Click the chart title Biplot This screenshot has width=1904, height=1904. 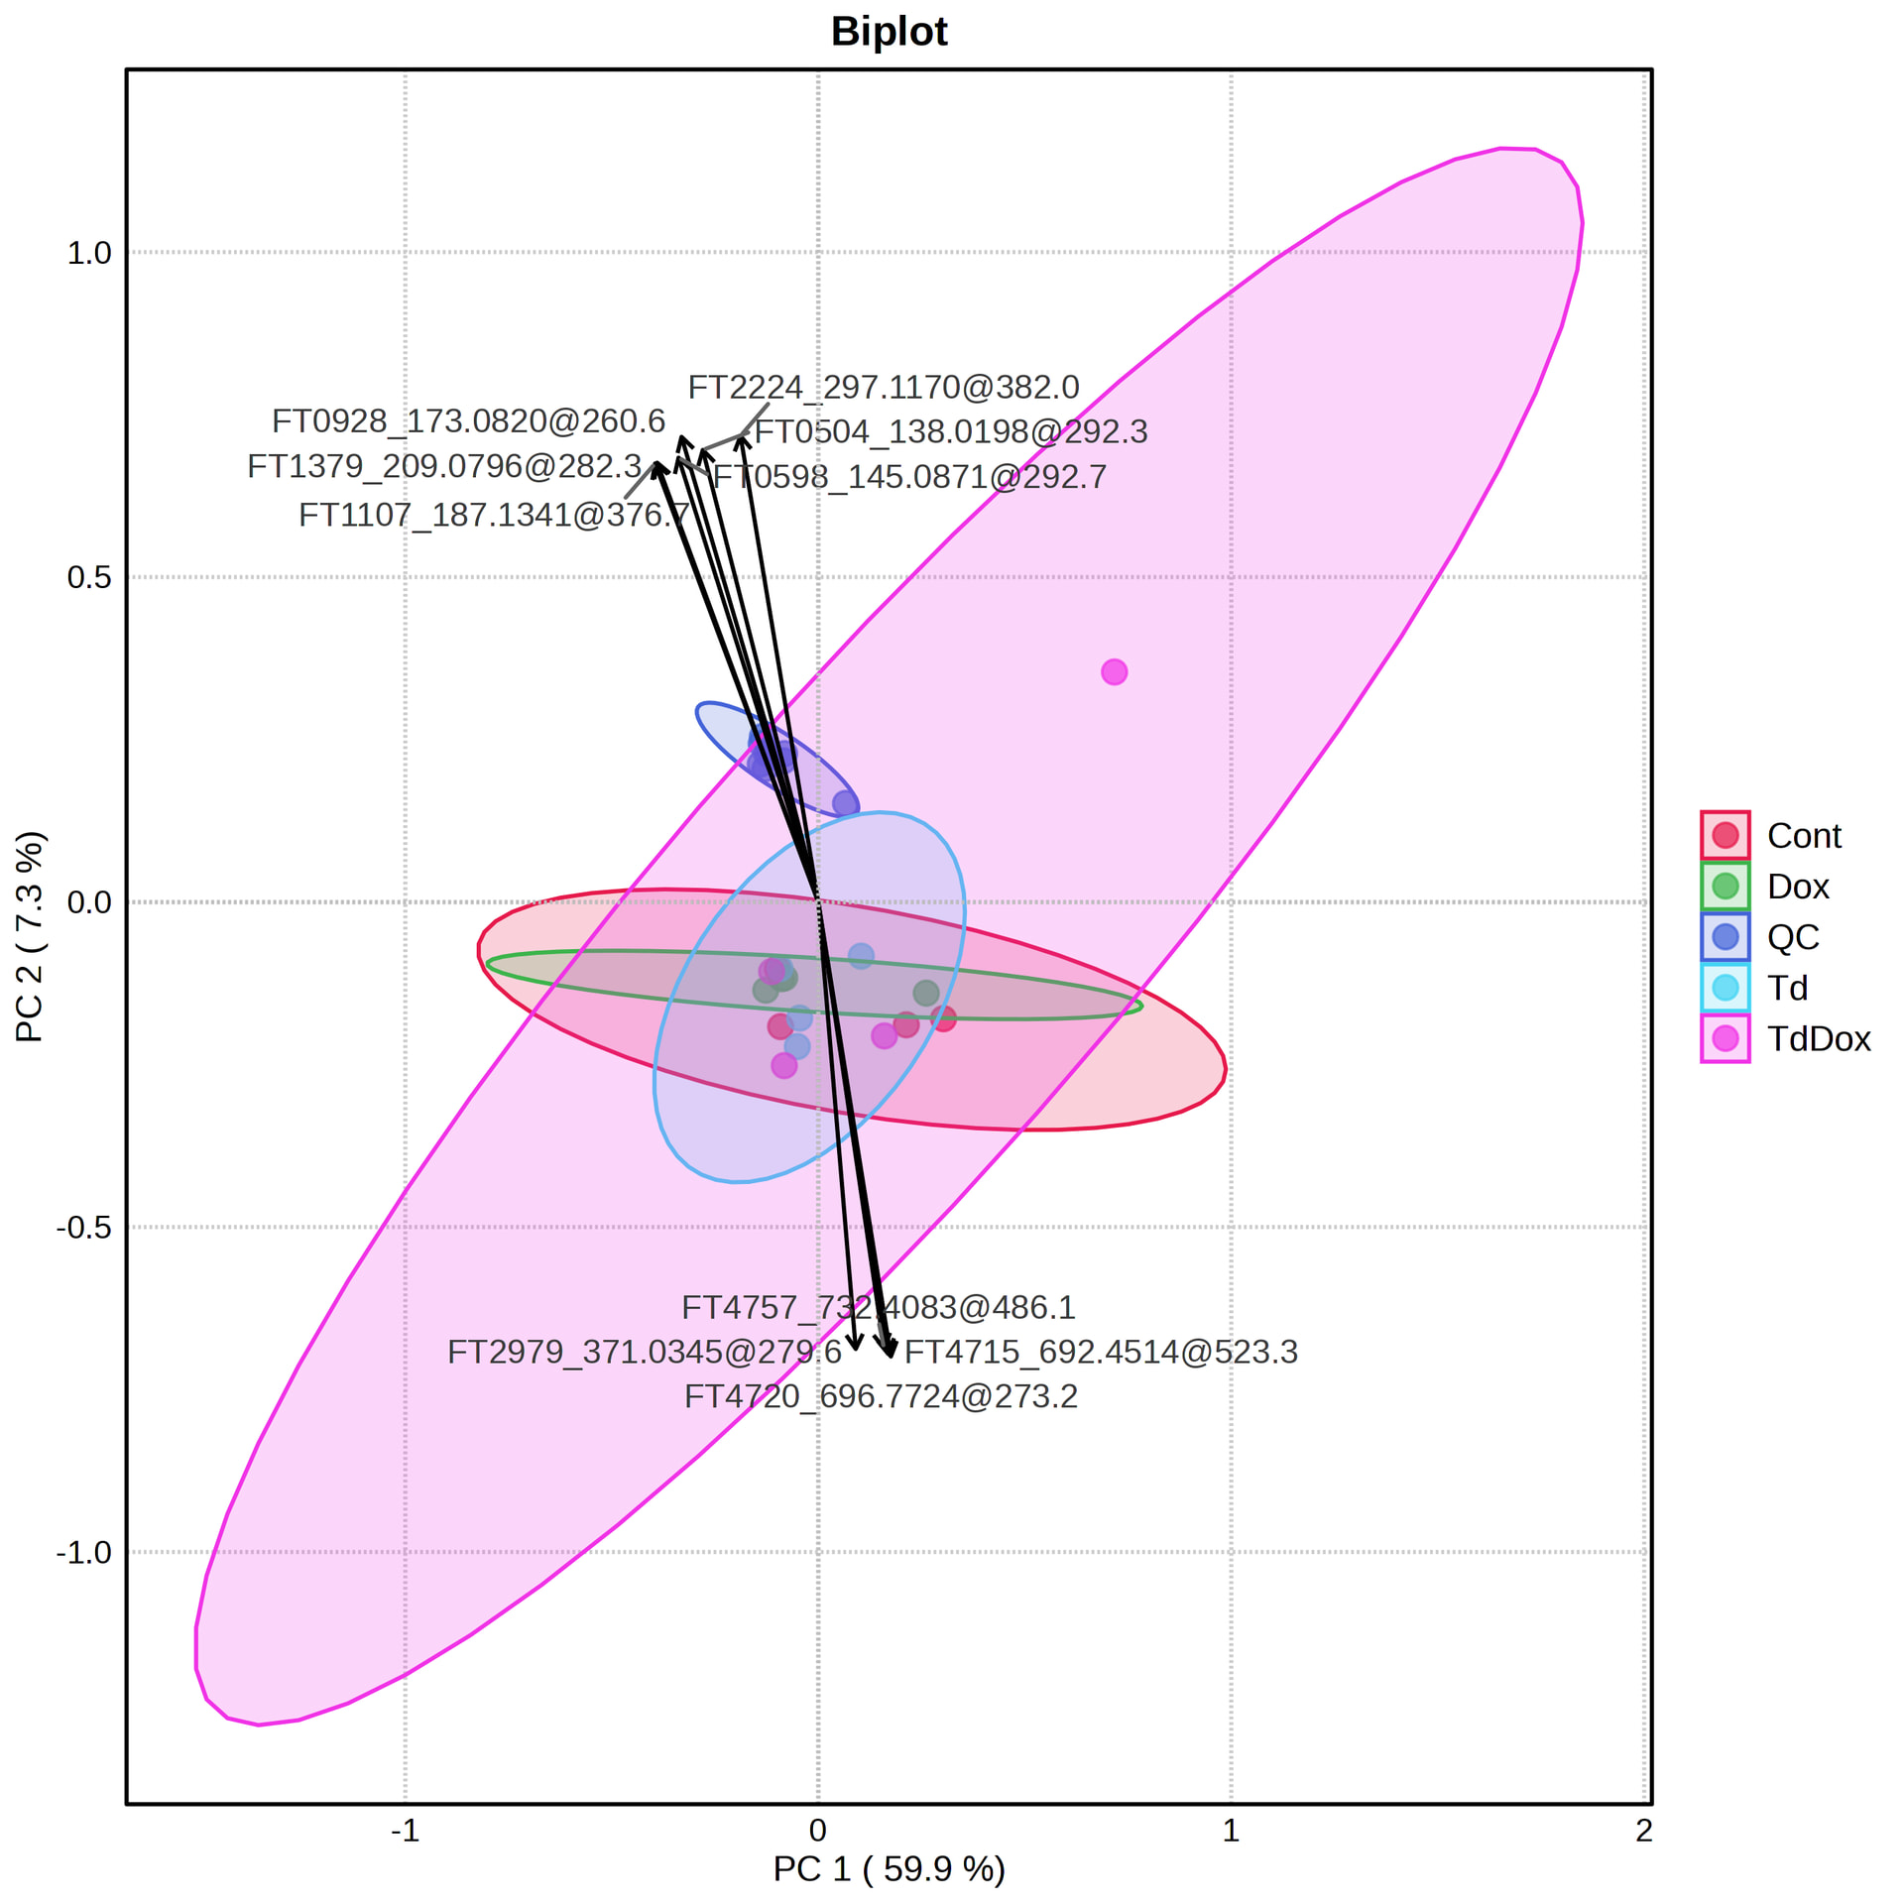(889, 32)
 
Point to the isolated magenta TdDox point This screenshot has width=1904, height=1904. (1114, 672)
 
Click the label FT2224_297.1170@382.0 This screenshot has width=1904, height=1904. (884, 387)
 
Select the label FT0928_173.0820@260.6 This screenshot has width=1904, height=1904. (468, 421)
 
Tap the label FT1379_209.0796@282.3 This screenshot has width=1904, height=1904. (444, 466)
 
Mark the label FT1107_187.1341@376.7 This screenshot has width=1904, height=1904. (494, 515)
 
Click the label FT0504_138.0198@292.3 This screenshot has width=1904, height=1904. (951, 431)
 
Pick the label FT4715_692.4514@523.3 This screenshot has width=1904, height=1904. (1101, 1352)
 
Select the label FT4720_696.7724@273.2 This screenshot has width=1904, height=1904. (881, 1396)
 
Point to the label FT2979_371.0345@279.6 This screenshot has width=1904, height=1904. (645, 1352)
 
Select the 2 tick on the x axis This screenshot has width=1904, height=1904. (1644, 1831)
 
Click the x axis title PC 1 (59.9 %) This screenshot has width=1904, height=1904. (889, 1869)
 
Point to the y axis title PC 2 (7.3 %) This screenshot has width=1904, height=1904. (30, 937)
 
